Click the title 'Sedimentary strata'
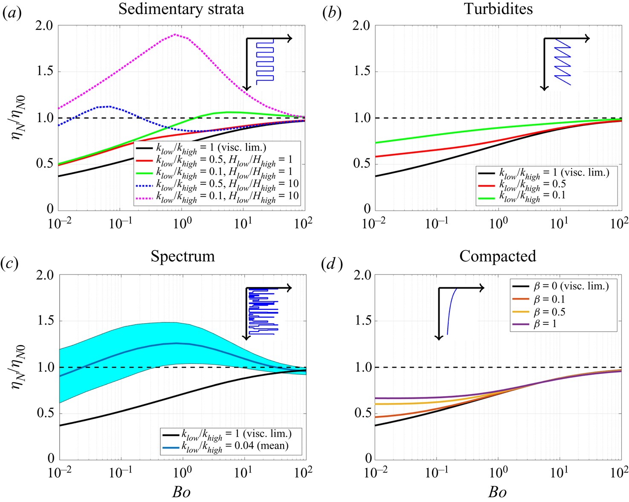click(181, 9)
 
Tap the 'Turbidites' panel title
click(498, 9)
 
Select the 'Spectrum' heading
click(183, 256)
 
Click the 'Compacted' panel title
click(498, 256)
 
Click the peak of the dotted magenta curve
click(175, 35)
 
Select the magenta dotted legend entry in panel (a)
click(217, 197)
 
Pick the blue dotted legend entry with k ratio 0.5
click(217, 184)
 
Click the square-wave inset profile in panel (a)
click(264, 62)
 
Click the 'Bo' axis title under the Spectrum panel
click(181, 492)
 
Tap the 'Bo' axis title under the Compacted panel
click(497, 492)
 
